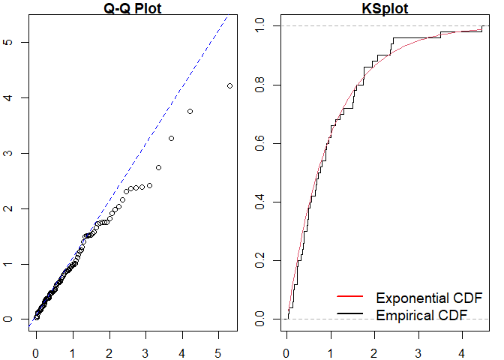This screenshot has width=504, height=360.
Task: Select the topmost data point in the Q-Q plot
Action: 229,85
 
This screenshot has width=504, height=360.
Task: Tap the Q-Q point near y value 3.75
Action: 190,111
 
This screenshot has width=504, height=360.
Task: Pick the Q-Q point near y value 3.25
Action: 171,138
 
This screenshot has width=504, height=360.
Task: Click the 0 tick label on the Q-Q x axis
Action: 36,349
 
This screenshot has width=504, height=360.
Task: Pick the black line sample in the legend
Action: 351,313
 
